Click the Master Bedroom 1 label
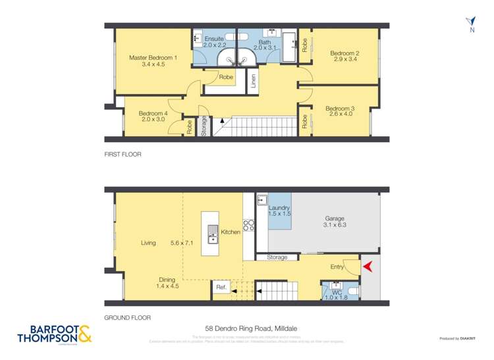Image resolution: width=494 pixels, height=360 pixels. tap(152, 57)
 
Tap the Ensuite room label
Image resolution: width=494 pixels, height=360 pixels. tap(214, 39)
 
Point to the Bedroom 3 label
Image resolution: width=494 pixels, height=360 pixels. tap(340, 109)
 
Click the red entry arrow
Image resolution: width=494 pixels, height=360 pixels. tap(369, 267)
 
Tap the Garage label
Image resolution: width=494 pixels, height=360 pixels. tap(335, 219)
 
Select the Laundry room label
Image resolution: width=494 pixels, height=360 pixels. tap(279, 208)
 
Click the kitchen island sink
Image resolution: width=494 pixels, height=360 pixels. tap(212, 232)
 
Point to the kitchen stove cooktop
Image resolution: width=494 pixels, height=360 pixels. tap(249, 226)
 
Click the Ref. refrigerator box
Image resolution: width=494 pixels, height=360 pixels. tap(220, 288)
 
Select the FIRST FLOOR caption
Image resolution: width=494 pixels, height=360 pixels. tap(123, 155)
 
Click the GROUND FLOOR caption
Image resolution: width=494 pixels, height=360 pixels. tap(127, 317)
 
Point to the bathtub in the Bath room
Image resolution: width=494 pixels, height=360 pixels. tap(289, 45)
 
